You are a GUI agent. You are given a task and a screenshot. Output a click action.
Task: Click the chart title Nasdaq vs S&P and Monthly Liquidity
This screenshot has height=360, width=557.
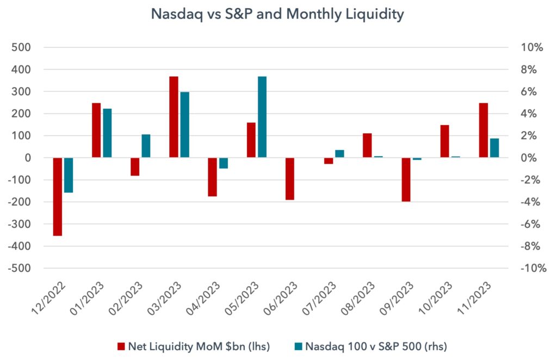pyautogui.click(x=277, y=15)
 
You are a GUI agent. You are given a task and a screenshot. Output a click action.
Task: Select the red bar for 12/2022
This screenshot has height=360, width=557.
pyautogui.click(x=58, y=197)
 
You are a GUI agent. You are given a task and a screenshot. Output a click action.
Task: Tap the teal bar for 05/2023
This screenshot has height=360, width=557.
pyautogui.click(x=262, y=117)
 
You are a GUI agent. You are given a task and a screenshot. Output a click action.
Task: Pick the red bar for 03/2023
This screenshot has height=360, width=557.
pyautogui.click(x=174, y=117)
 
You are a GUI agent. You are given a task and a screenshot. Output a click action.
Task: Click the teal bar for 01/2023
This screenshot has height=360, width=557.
pyautogui.click(x=107, y=133)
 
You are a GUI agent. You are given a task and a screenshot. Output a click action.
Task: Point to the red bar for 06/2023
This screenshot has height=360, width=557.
pyautogui.click(x=290, y=178)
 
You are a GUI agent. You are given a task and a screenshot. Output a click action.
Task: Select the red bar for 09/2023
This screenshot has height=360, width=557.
pyautogui.click(x=406, y=179)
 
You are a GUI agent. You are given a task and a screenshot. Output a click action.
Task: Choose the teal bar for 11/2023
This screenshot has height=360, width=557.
pyautogui.click(x=494, y=148)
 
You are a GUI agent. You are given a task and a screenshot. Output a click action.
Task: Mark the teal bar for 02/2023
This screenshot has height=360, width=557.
pyautogui.click(x=146, y=146)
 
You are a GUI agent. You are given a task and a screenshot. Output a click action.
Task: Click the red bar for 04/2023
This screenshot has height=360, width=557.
pyautogui.click(x=213, y=177)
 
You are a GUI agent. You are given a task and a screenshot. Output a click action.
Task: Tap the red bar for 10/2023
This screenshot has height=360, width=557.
pyautogui.click(x=445, y=141)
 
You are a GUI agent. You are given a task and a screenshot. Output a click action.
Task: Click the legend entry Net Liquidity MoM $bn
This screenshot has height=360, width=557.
pyautogui.click(x=194, y=346)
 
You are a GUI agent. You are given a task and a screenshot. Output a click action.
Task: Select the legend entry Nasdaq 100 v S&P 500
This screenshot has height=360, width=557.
pyautogui.click(x=371, y=346)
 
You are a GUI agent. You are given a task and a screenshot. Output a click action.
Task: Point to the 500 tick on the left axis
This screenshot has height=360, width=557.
pyautogui.click(x=21, y=47)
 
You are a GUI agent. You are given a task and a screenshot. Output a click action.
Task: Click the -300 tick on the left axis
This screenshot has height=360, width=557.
pyautogui.click(x=19, y=224)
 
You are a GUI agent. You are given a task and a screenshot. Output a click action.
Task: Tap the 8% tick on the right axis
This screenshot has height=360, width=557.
pyautogui.click(x=529, y=70)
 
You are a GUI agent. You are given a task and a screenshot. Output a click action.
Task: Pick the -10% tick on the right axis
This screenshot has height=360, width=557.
pyautogui.click(x=534, y=268)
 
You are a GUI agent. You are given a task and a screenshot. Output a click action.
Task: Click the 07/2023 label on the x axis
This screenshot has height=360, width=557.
pyautogui.click(x=319, y=298)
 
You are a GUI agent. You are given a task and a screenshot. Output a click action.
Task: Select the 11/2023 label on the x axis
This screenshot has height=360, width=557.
pyautogui.click(x=474, y=298)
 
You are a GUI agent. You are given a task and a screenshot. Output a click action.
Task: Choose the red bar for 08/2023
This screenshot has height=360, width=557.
pyautogui.click(x=367, y=146)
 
